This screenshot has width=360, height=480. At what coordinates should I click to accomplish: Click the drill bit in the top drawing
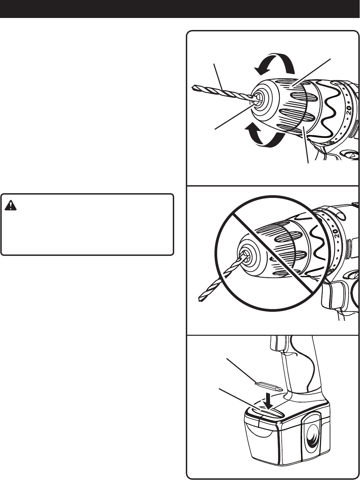click(220, 92)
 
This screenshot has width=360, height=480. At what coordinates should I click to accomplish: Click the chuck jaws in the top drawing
click(258, 97)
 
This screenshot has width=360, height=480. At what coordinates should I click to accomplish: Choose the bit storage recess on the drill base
click(270, 411)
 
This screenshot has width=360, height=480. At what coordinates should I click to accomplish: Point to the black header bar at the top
click(180, 9)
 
